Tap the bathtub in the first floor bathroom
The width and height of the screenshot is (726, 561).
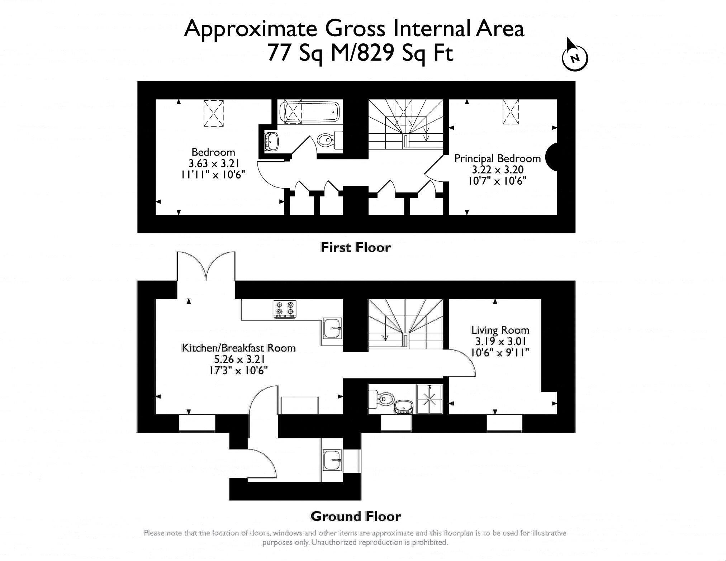pos(309,112)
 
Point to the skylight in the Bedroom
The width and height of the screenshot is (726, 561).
pos(213,113)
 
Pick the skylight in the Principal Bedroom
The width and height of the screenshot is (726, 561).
pos(511,112)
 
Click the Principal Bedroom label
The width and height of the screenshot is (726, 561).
pos(497,158)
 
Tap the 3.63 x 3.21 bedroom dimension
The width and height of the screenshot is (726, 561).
pos(213,163)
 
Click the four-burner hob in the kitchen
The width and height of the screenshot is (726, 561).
pos(285,309)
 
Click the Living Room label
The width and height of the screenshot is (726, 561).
pos(500,330)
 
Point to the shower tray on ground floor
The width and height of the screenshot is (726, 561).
pos(429,399)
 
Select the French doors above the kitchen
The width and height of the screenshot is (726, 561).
pos(206,267)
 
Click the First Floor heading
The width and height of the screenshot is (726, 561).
pos(355,248)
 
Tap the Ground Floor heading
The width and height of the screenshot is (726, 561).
pos(355,517)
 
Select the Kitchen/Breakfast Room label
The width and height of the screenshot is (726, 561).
pos(239,348)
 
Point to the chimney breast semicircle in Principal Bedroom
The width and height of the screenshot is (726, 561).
pos(551,157)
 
